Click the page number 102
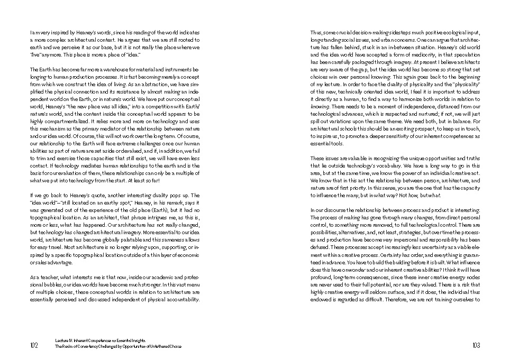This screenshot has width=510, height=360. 34,346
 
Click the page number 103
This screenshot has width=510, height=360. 476,346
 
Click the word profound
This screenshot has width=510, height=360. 321,276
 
